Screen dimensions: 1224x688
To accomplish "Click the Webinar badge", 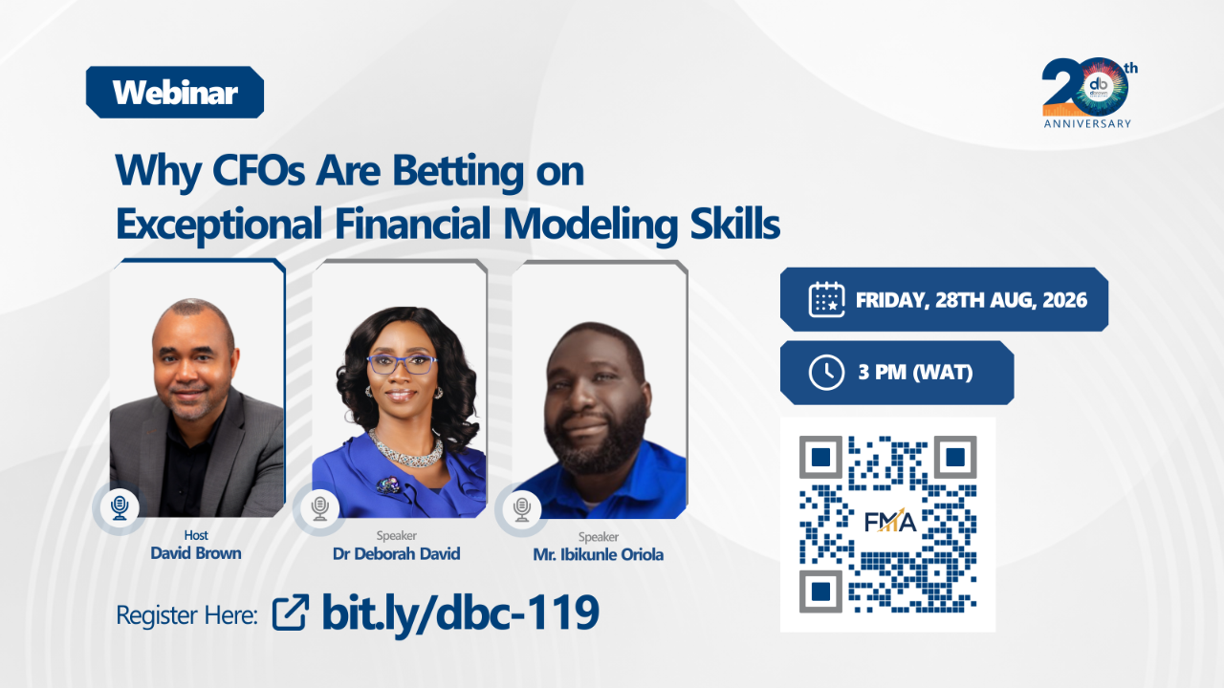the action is (175, 93).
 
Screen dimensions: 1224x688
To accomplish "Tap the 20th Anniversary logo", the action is (1089, 93).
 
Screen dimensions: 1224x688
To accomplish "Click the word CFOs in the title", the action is (258, 170).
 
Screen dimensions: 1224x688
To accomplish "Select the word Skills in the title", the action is (735, 223).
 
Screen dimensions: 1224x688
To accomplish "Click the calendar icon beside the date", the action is (826, 299).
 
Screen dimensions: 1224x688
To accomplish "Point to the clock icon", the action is (826, 373).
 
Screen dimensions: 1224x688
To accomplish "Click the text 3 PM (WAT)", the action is (915, 373).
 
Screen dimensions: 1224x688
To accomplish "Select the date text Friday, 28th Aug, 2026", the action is (971, 300).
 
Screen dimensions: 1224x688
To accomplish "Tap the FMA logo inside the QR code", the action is (890, 522).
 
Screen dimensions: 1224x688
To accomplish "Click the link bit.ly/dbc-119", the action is (460, 613).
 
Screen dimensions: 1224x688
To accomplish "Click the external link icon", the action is (290, 613).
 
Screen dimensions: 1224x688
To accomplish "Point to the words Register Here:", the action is (186, 615).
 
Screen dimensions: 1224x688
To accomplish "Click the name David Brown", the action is (196, 553).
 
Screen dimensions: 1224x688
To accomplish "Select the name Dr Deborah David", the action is (396, 553).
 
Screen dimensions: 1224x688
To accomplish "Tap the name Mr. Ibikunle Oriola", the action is (599, 555).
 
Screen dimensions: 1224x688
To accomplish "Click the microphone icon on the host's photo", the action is (120, 507).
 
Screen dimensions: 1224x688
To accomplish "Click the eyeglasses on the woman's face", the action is (402, 364).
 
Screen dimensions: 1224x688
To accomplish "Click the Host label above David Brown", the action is (196, 535).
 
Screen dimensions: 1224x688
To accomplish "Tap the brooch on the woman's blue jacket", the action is (388, 484).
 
